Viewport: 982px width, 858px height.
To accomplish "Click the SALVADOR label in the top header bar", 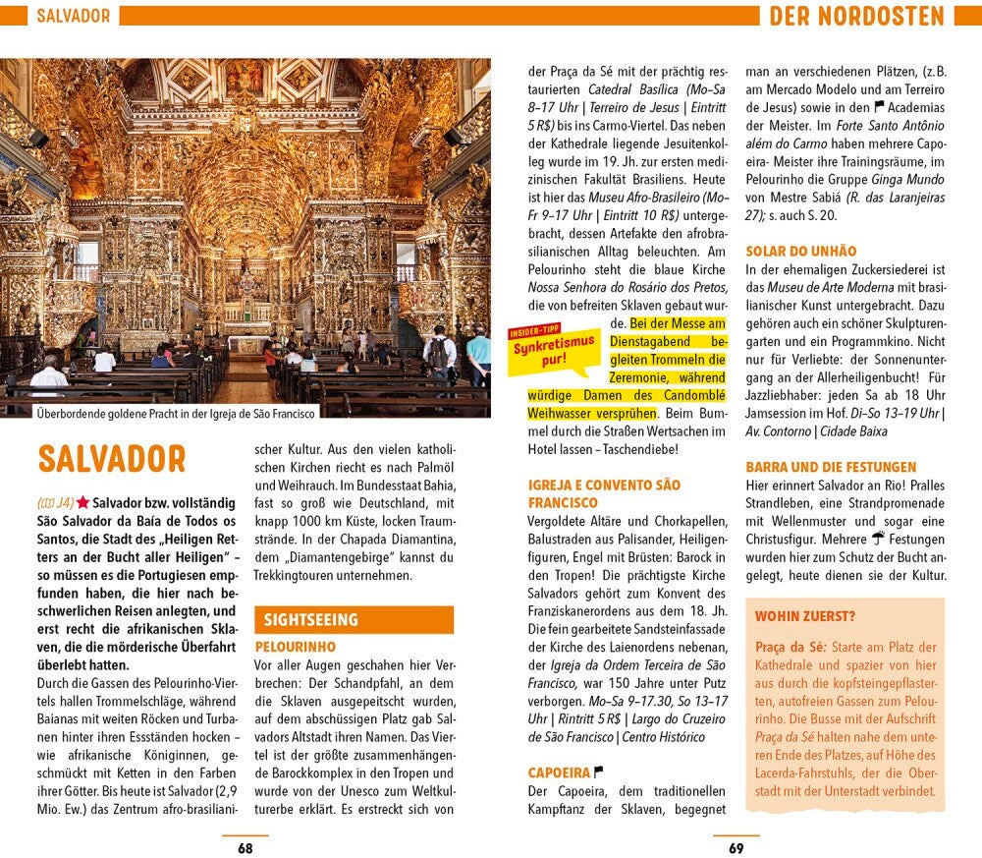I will (72, 16).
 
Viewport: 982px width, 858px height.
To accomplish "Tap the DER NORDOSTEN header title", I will (855, 16).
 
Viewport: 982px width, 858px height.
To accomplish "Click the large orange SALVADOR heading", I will (111, 459).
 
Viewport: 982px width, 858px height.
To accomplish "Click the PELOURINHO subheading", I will (295, 647).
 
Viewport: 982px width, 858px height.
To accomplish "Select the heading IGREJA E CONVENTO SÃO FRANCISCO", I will (604, 493).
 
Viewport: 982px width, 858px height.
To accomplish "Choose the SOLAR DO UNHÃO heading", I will (800, 252).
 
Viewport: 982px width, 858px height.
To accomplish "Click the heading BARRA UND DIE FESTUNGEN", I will (831, 467).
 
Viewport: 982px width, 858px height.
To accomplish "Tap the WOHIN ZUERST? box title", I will (804, 617).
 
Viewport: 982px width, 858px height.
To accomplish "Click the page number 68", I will (245, 847).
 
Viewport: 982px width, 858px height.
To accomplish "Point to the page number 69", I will (736, 847).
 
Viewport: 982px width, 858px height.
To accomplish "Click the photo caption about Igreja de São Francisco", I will (176, 414).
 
